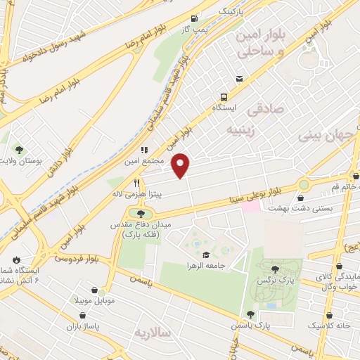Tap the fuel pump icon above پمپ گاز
194,19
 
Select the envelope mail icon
240,78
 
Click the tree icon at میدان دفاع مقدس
141,212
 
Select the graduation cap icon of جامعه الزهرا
205,255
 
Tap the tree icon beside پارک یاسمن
250,314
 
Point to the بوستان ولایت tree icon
19,149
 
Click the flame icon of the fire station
15,259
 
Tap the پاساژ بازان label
79,326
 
